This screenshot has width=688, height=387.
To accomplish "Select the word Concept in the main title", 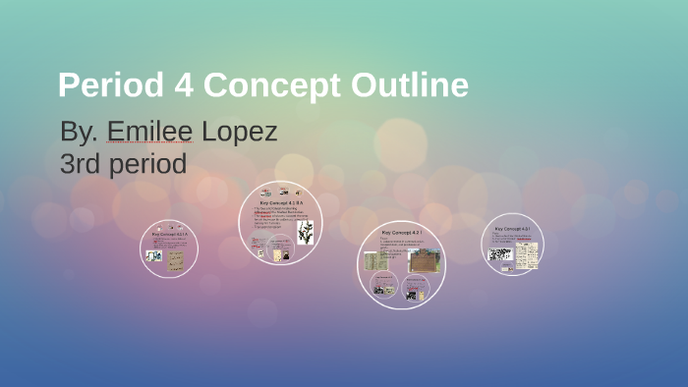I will tap(264, 85).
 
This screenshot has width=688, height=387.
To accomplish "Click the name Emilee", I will tap(150, 132).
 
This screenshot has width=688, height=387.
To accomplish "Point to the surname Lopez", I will tap(239, 132).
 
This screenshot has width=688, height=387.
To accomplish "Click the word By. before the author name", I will tap(78, 132).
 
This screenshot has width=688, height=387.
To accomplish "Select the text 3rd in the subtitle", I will tap(81, 163).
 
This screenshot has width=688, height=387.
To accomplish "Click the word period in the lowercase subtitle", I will tap(146, 163).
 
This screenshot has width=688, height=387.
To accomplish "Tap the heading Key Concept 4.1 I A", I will tap(170, 236).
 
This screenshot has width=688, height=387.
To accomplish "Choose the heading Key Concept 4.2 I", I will tap(401, 233).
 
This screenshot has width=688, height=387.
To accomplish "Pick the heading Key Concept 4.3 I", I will tap(513, 228).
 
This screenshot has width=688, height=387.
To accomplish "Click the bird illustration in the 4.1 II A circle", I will tap(306, 233).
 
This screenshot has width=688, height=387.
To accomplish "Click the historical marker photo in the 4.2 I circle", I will tap(424, 260).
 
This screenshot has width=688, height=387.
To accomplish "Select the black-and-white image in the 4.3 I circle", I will tap(500, 254).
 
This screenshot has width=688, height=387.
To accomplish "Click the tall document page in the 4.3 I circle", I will tap(530, 255).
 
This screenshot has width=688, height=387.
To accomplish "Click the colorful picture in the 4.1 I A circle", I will tap(154, 255).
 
